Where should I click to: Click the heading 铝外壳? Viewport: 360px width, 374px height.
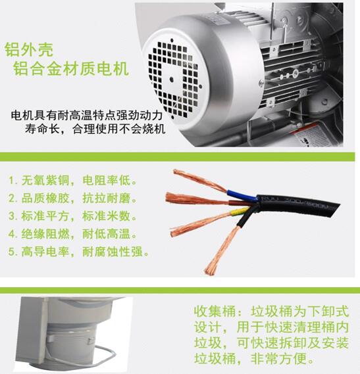[29, 49]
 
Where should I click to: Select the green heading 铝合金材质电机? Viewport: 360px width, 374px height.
[71, 68]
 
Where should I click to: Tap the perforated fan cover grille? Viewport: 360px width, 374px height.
[174, 79]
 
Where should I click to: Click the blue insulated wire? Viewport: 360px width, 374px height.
[242, 195]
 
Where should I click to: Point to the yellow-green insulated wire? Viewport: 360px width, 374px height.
[240, 211]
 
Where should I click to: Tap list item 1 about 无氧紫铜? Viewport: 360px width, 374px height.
[73, 180]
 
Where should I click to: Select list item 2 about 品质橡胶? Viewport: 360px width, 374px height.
[73, 199]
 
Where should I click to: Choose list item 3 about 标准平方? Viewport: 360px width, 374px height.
[73, 216]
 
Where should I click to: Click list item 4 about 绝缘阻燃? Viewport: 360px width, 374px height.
[73, 234]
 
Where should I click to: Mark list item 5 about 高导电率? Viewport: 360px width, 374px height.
[79, 252]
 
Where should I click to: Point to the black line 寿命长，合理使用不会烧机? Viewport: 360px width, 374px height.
[95, 129]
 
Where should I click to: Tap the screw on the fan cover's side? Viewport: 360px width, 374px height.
[261, 83]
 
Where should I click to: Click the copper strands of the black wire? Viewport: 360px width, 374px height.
[222, 250]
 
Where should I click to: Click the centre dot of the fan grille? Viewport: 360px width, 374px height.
[172, 79]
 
